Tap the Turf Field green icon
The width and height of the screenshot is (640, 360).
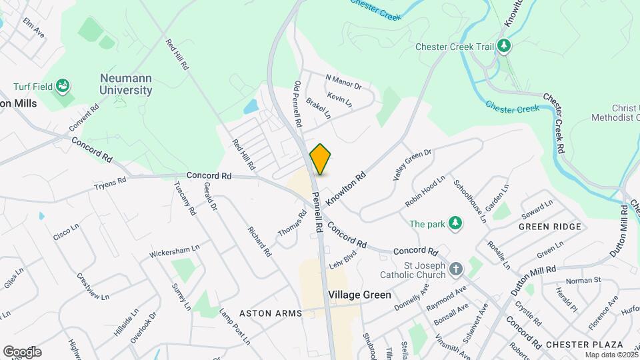[63, 86]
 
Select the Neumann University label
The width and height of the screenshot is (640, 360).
[125, 84]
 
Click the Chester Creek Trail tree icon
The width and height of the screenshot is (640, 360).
[505, 47]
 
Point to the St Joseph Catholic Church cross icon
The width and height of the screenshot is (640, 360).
[456, 269]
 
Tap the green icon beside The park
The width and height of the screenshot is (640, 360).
[455, 223]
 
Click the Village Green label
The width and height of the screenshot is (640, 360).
[359, 294]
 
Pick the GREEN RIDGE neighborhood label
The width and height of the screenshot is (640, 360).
[549, 227]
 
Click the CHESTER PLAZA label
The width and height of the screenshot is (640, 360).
[584, 344]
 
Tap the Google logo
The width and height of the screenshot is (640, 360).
[22, 351]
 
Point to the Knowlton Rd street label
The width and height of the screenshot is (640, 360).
[346, 187]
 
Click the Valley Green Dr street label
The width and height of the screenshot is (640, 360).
[412, 165]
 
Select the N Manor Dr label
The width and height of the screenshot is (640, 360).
[343, 81]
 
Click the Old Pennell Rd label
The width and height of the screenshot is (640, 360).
[298, 105]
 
